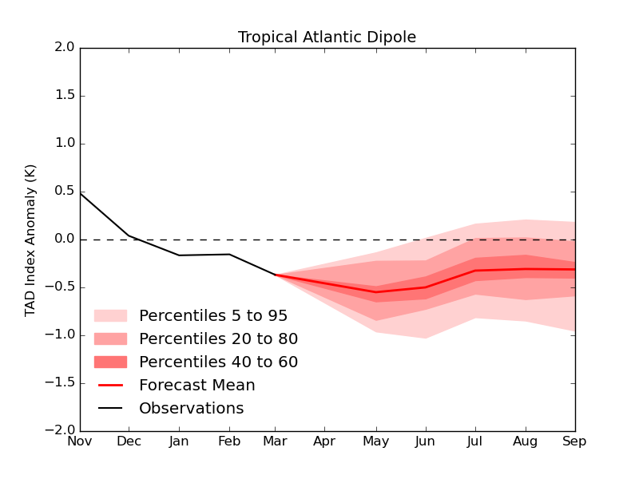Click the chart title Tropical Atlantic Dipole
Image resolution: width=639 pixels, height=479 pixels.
tap(327, 38)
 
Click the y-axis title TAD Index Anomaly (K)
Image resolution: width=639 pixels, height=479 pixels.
tap(31, 239)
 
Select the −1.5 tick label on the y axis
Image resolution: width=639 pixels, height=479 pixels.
tap(59, 383)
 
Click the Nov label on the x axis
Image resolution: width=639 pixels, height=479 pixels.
tap(80, 441)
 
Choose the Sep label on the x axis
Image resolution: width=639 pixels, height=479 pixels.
tap(574, 441)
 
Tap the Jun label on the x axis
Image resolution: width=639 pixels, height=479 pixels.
tap(426, 441)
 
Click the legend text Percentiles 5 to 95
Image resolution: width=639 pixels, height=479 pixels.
tap(213, 316)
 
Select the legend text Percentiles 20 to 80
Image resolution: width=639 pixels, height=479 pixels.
tap(218, 339)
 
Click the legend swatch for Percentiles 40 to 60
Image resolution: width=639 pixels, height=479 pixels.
tap(110, 362)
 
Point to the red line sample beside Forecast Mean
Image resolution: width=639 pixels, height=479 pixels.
tap(110, 386)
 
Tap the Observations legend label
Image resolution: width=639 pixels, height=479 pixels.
tap(191, 409)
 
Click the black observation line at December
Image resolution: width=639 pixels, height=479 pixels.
tap(129, 236)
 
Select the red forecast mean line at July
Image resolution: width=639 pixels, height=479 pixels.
tap(476, 271)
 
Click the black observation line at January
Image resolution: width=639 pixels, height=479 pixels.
tap(179, 255)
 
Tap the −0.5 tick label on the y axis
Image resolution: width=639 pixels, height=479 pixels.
tap(59, 287)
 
